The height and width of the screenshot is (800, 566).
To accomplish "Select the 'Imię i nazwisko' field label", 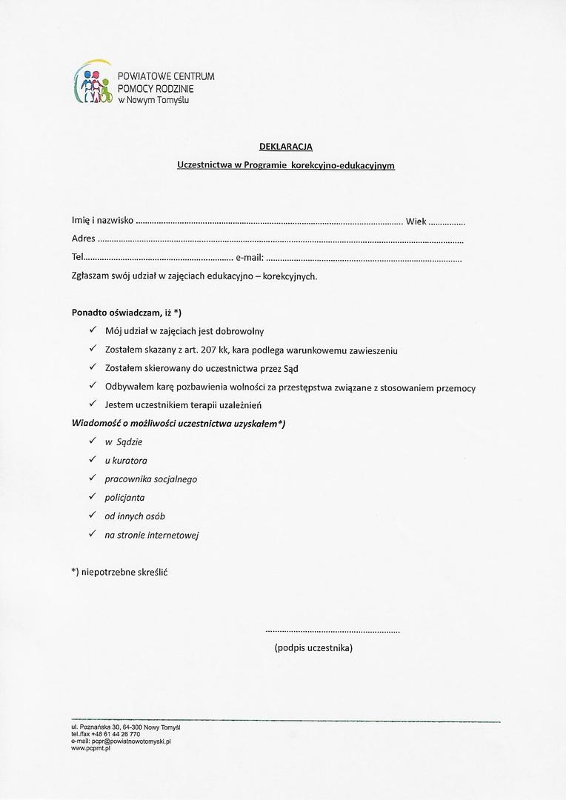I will pos(102,220).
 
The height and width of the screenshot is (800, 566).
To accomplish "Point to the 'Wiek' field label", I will pos(416,221).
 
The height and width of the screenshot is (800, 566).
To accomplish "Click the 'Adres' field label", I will pos(84,239).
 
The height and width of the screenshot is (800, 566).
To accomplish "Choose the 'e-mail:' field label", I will pos(250,258).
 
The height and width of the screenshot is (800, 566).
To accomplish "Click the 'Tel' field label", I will pos(78,258).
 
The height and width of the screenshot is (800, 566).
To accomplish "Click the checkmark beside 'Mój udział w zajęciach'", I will pos(93,330).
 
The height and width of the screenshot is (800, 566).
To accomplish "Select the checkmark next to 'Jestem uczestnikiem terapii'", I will pos(93,404).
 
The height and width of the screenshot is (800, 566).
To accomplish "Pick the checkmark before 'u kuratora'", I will pos(93,460).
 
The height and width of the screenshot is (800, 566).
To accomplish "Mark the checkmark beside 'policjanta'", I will pos(93,497).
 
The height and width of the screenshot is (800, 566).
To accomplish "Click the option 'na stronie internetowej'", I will pos(152,535).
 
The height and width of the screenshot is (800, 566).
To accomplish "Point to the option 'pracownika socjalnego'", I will pos(151,479).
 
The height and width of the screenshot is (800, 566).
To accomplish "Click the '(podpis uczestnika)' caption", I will pos(313,647).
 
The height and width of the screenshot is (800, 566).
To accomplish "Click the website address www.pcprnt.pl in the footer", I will pos(90,748).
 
